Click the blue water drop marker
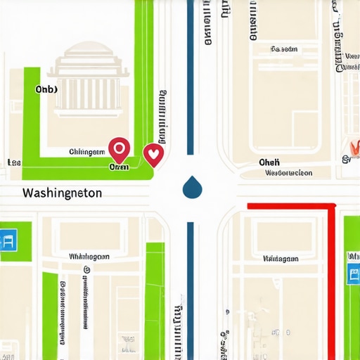[x=191, y=187]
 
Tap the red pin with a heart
[x=153, y=154]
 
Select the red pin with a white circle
[x=119, y=149]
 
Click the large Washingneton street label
[x=62, y=192]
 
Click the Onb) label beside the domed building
[x=46, y=89]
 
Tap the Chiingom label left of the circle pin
[x=86, y=152]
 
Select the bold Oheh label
[x=269, y=162]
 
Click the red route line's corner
[x=333, y=205]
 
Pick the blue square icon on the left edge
[x=8, y=240]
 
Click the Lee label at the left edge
[x=13, y=162]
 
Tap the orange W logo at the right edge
[x=353, y=148]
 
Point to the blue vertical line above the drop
[x=191, y=77]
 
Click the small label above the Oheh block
[x=284, y=49]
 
